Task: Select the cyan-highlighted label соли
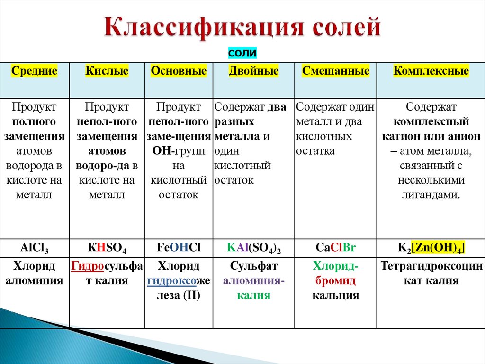pyautogui.click(x=242, y=53)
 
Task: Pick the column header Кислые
pyautogui.click(x=107, y=71)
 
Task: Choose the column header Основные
pyautogui.click(x=179, y=71)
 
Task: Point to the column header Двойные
pyautogui.click(x=253, y=71)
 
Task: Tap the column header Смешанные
pyautogui.click(x=335, y=71)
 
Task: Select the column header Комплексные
pyautogui.click(x=431, y=71)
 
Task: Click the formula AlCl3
pyautogui.click(x=35, y=248)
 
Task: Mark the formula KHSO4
pyautogui.click(x=107, y=248)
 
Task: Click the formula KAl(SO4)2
pyautogui.click(x=253, y=248)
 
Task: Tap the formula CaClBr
pyautogui.click(x=335, y=248)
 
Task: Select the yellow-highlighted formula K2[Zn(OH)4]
pyautogui.click(x=431, y=248)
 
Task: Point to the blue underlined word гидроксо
pyautogui.click(x=172, y=281)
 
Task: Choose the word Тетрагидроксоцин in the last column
pyautogui.click(x=431, y=266)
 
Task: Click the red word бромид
pyautogui.click(x=335, y=281)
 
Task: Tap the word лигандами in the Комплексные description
pyautogui.click(x=430, y=195)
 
